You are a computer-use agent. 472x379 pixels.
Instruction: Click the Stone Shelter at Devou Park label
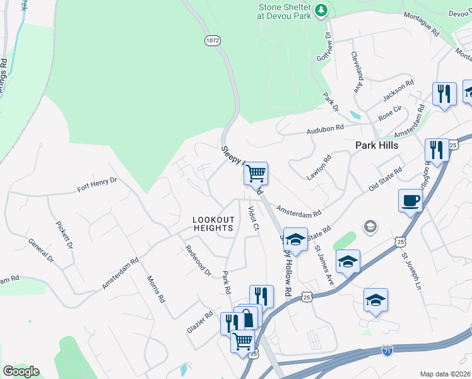click(285, 12)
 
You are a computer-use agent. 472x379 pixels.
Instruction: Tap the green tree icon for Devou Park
click(321, 9)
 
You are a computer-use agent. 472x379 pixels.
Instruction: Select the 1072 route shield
click(212, 40)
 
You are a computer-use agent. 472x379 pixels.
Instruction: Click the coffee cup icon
click(410, 201)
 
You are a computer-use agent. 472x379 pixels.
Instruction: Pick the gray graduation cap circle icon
click(370, 226)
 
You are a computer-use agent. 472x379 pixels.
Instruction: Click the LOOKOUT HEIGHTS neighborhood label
click(214, 224)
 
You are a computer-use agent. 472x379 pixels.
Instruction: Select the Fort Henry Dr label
click(97, 184)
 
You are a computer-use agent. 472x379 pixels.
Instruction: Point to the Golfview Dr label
click(327, 44)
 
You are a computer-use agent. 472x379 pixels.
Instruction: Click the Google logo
click(21, 371)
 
